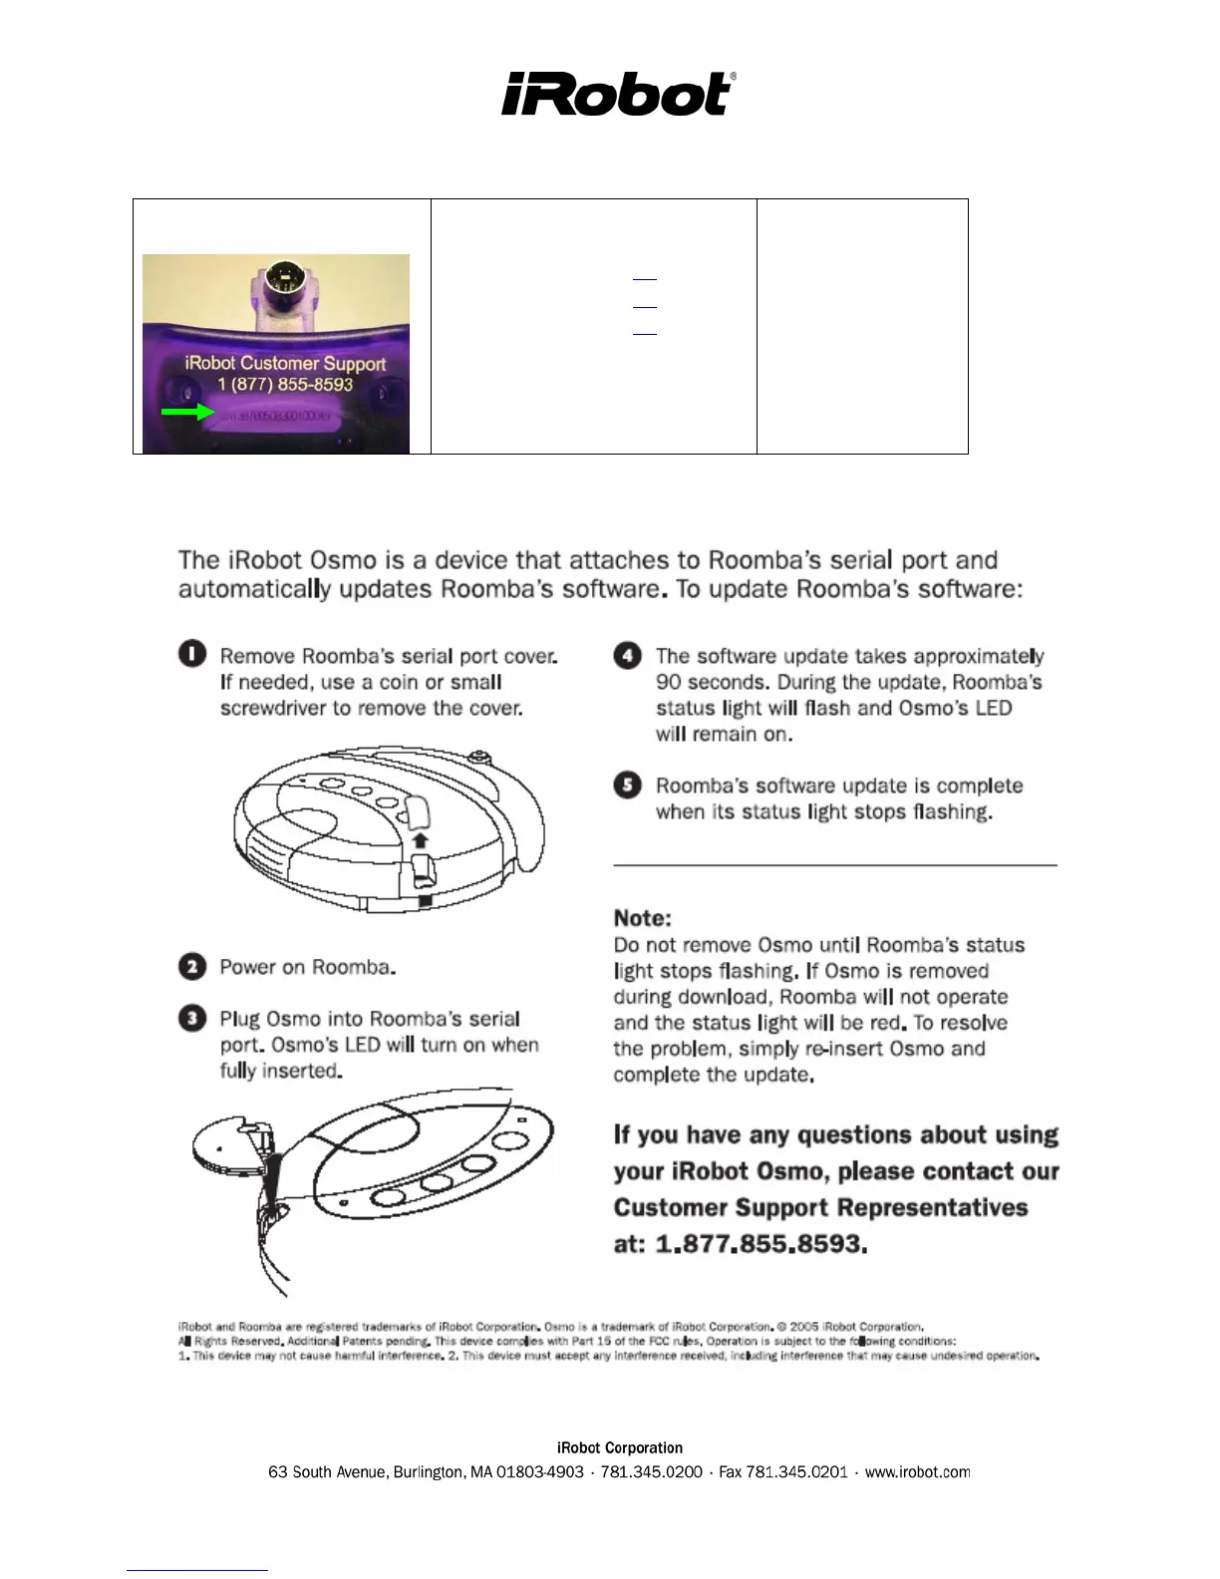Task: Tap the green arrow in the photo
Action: pos(187,411)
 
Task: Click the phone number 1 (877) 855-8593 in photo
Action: pos(285,385)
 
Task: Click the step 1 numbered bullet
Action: pos(192,655)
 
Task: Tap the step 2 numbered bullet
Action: pos(192,967)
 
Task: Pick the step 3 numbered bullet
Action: pos(192,1019)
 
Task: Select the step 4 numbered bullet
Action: pos(628,656)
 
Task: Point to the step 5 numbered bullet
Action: pos(628,786)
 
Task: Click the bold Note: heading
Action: pos(643,918)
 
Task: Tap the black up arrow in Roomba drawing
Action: pos(420,840)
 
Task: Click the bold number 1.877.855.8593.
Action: pos(761,1244)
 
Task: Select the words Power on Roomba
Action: pos(307,967)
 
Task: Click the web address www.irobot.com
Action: pos(917,1472)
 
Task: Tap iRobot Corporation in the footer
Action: pos(619,1448)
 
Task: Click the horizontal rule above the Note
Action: pos(835,865)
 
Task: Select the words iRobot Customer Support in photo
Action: pos(285,363)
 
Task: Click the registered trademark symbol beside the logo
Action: pos(734,77)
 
